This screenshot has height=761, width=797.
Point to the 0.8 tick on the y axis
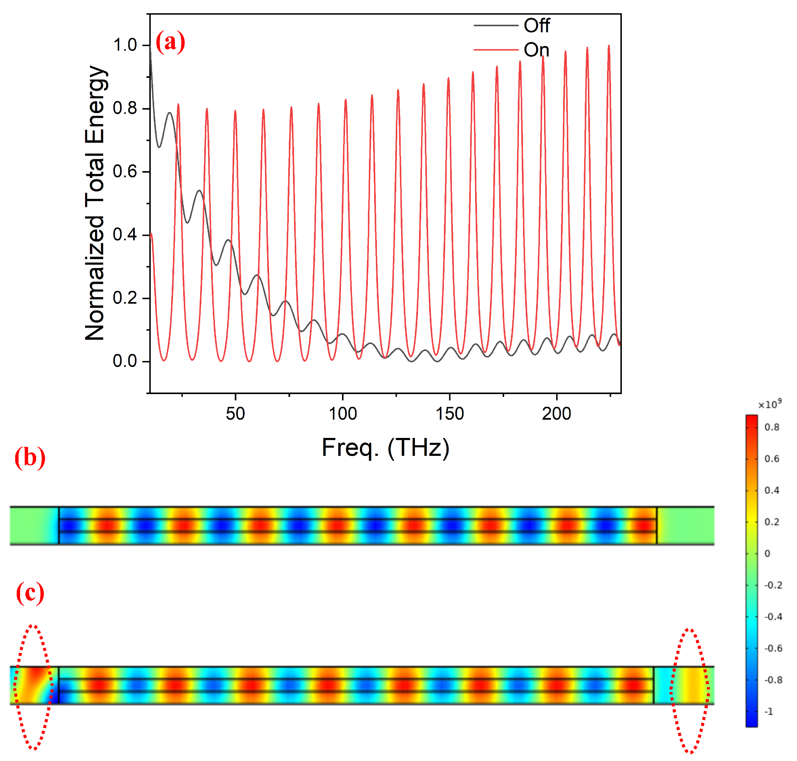coord(125,108)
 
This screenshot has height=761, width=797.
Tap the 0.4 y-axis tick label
coord(125,234)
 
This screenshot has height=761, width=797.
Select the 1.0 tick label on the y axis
coord(125,45)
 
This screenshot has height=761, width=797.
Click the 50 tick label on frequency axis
coord(235,414)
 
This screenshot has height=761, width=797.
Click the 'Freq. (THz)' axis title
coord(385,448)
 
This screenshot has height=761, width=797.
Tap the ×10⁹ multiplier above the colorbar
coord(770,404)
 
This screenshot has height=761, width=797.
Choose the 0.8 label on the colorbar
coord(771,427)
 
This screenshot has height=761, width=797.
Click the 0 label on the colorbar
coord(767,553)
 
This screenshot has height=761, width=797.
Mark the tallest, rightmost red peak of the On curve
coord(608,47)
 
